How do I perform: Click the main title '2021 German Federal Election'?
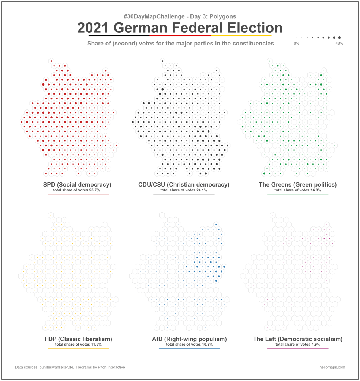(x=180, y=28)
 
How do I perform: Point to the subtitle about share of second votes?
(x=180, y=44)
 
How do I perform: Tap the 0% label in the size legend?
(x=296, y=44)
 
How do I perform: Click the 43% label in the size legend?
(x=339, y=44)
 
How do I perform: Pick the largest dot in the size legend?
(x=340, y=38)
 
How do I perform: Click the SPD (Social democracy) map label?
(x=77, y=184)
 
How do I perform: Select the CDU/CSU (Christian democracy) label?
(x=184, y=184)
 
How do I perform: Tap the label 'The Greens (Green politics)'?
(x=297, y=184)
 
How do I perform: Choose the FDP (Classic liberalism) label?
(x=78, y=339)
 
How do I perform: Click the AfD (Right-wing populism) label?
(x=189, y=339)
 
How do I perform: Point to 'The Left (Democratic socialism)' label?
(x=297, y=339)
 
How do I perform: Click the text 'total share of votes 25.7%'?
(x=77, y=190)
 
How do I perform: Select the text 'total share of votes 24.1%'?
(x=184, y=190)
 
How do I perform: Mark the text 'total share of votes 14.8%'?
(x=297, y=190)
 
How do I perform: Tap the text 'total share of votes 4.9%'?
(x=297, y=345)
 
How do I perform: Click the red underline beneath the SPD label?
(x=77, y=194)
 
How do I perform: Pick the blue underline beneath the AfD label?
(x=189, y=349)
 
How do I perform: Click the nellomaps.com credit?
(x=332, y=367)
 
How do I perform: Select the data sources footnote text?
(x=70, y=367)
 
